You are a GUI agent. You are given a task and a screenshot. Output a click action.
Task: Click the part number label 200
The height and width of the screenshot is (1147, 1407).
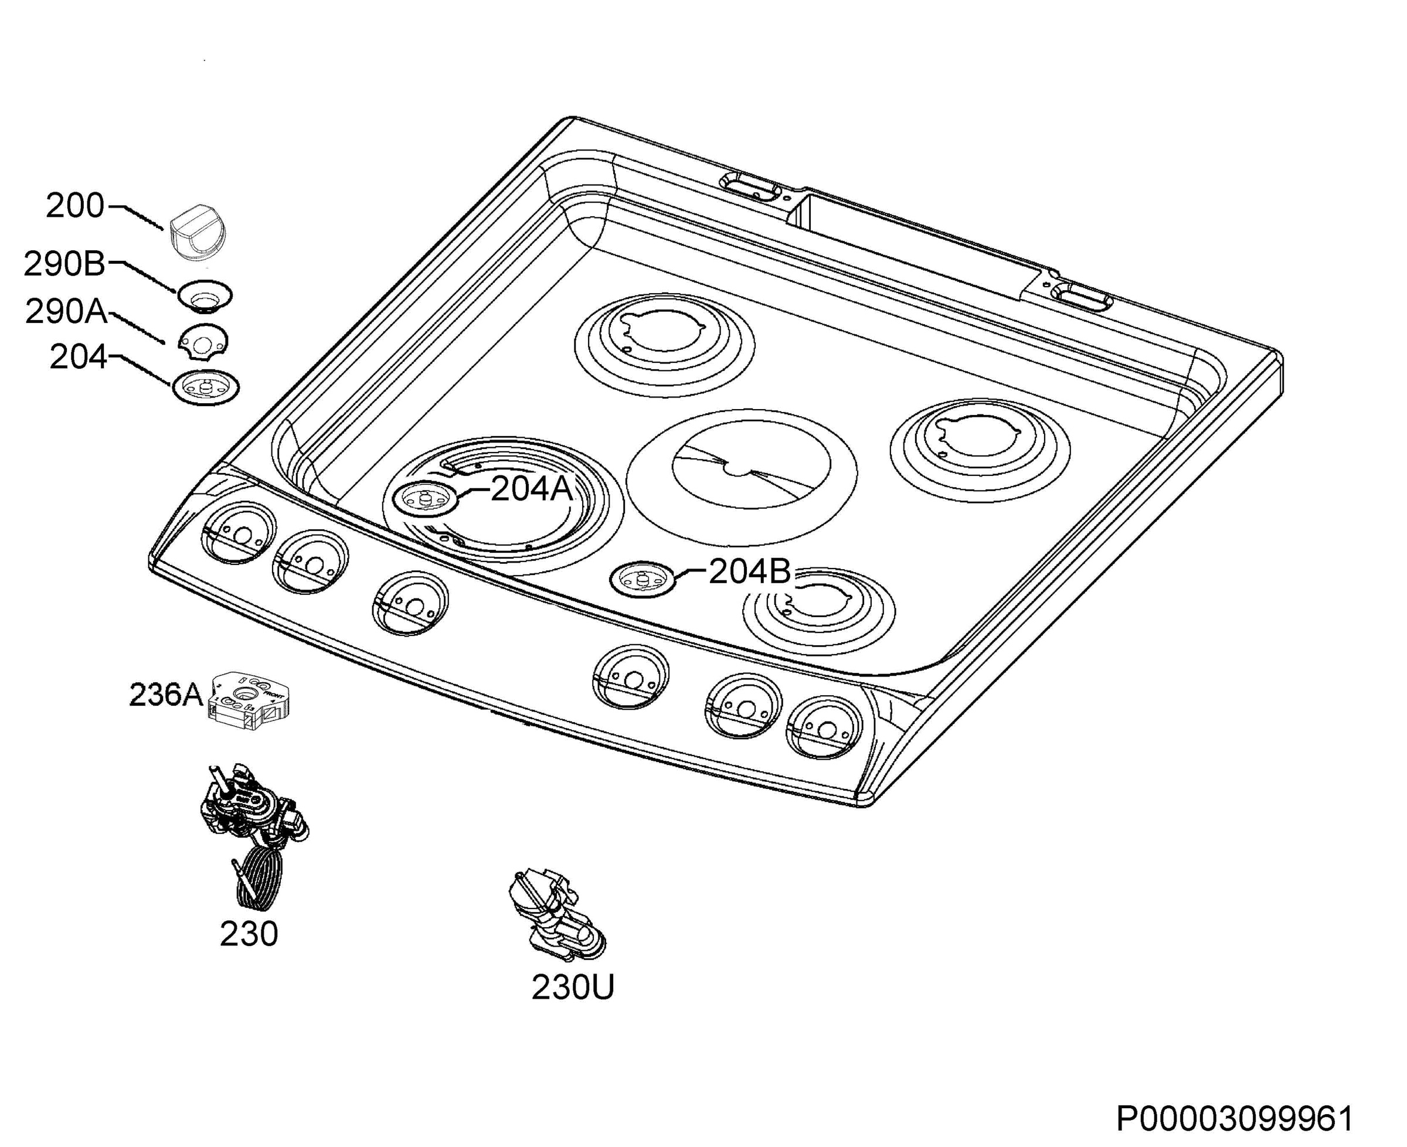[74, 206]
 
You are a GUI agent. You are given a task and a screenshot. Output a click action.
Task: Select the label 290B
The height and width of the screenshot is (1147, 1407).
[64, 264]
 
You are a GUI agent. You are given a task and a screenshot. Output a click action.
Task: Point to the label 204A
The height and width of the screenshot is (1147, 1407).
[531, 489]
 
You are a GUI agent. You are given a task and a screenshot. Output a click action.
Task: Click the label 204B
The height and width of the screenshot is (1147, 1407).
[749, 572]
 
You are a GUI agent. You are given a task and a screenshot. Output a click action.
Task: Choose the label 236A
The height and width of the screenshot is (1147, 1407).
[165, 695]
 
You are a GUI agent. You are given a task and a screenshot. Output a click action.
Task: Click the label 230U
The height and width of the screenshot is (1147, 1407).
[573, 987]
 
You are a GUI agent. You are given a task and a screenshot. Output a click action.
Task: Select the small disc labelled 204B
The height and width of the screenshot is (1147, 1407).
[643, 580]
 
